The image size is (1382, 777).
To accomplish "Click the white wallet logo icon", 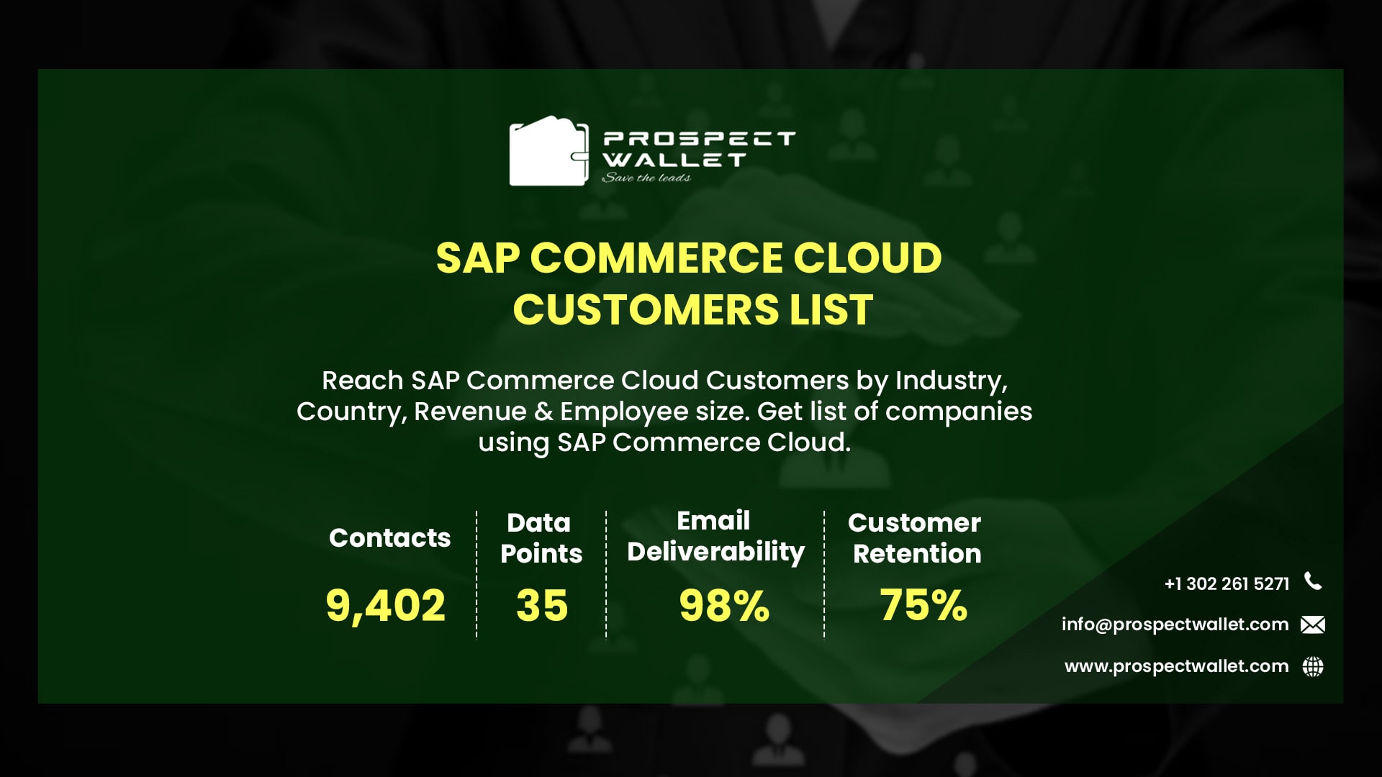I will click(x=548, y=152).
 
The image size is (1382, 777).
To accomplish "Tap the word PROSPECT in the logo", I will click(x=698, y=138).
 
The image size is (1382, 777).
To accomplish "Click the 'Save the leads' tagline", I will click(x=646, y=178).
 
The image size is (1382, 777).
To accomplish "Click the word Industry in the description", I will click(x=949, y=380).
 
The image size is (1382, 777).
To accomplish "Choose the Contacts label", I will click(x=389, y=538).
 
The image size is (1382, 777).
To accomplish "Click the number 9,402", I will click(x=385, y=605).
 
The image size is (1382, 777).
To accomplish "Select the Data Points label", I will click(x=541, y=537).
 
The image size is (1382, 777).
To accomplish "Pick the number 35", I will click(x=542, y=605).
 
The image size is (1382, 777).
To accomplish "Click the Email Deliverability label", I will click(x=715, y=536).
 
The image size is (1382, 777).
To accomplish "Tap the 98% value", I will click(x=724, y=606).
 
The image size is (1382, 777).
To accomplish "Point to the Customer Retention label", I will click(x=915, y=537).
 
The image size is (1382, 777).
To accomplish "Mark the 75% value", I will click(x=923, y=605).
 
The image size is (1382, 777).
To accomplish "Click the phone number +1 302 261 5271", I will click(x=1227, y=583).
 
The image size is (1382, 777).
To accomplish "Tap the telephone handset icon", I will click(x=1313, y=581).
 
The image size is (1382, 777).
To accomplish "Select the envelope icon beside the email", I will click(x=1313, y=624).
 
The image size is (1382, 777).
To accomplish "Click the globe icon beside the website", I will click(x=1313, y=667).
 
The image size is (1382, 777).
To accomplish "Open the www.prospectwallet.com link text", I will click(x=1176, y=666).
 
